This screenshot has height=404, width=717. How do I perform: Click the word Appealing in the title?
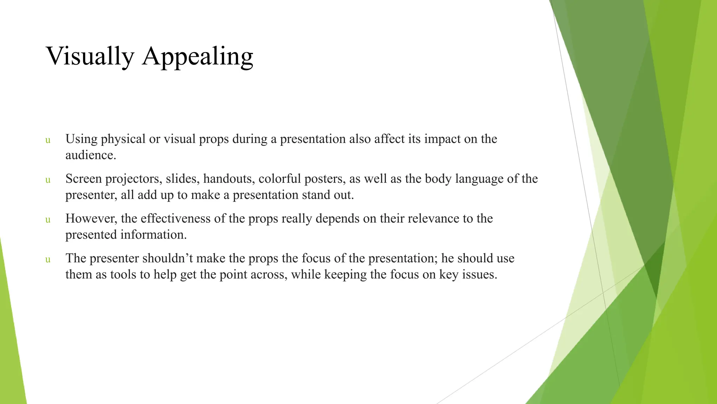coord(197,56)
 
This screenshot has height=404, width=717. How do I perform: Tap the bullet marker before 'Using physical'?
coord(48,140)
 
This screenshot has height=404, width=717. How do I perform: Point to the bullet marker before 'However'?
coord(48,220)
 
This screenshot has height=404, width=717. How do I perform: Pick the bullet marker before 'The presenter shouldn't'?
coord(48,260)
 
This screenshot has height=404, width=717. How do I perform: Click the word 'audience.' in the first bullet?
coord(91,155)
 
